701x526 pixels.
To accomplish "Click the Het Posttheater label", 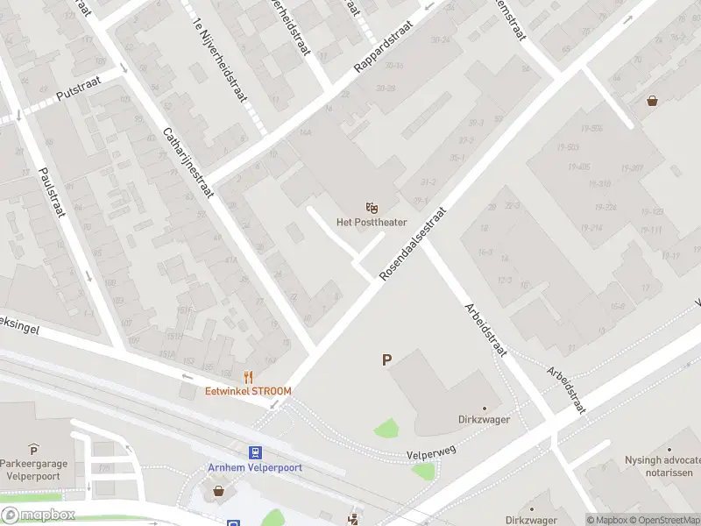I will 372,223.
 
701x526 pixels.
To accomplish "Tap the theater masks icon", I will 372,208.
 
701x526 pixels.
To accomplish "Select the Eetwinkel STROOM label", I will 248,391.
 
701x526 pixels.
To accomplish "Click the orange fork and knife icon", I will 249,377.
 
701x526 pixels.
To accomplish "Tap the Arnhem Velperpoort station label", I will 255,467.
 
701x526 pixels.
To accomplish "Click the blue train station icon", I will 255,452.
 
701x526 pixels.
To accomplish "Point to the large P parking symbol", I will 386,359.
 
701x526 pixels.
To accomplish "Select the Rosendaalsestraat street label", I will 413,245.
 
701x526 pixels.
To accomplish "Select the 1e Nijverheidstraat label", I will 221,61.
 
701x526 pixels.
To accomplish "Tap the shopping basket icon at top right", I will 652,100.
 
